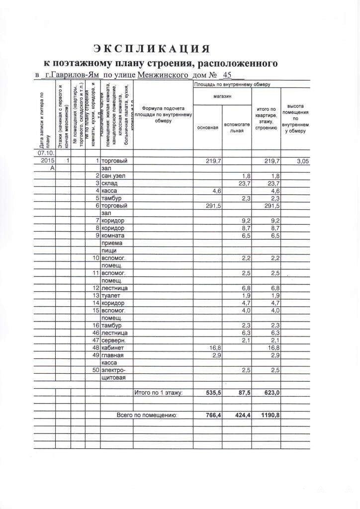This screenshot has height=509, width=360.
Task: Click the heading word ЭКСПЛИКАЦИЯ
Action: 152,48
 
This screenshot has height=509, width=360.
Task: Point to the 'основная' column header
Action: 207,128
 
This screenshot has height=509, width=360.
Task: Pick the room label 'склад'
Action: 109,184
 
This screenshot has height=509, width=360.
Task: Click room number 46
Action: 96,333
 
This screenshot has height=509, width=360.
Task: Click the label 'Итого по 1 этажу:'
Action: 158,393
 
